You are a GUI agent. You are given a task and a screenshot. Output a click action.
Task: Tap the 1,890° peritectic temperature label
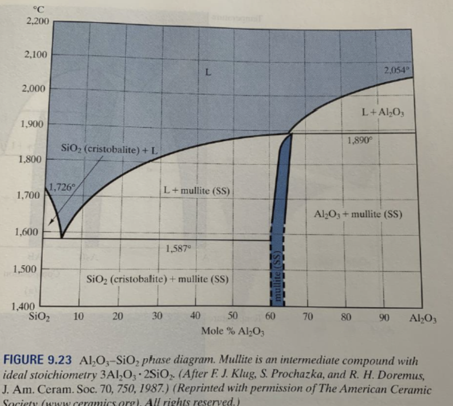pyautogui.click(x=361, y=141)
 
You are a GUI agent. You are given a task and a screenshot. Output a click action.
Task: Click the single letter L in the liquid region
pyautogui.click(x=207, y=72)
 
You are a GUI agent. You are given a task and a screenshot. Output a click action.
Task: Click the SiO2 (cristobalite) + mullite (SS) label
pyautogui.click(x=157, y=280)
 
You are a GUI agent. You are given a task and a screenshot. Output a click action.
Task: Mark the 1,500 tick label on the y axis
pyautogui.click(x=27, y=269)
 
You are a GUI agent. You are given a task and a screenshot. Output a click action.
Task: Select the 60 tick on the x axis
pyautogui.click(x=271, y=316)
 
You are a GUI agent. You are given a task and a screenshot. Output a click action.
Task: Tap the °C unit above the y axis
pyautogui.click(x=40, y=8)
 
